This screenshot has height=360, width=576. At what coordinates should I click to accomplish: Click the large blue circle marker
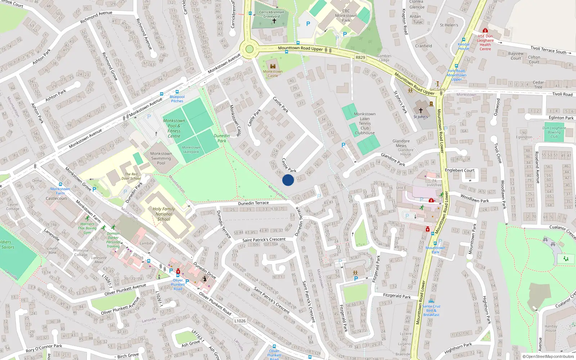point(288,180)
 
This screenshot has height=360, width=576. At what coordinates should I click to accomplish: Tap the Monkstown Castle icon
point(273,66)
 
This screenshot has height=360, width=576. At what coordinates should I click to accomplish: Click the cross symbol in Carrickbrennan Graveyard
point(274,21)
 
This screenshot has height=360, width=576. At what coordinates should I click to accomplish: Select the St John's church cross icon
point(420,111)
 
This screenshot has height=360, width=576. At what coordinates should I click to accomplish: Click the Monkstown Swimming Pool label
point(161,158)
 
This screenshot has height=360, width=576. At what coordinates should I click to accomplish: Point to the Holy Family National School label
point(164,214)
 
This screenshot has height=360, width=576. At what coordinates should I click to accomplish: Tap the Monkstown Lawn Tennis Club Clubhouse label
point(365,123)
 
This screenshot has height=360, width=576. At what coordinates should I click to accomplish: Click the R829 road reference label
point(360,58)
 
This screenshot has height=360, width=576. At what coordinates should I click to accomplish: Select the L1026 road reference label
point(240,321)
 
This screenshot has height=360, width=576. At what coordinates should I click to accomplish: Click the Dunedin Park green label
point(222,138)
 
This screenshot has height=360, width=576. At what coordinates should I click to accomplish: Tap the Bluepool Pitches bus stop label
point(177,99)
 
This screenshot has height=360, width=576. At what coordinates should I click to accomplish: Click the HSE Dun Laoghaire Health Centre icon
point(485,31)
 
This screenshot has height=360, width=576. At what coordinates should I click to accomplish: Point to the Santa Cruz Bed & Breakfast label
point(431,310)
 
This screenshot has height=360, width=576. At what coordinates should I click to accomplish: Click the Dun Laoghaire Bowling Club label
point(554,132)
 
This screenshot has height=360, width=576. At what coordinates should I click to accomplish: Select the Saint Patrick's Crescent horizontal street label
point(264,240)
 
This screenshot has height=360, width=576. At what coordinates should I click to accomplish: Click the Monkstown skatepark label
point(191,149)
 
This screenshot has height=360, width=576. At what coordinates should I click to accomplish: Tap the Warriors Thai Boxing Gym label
point(87,228)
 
